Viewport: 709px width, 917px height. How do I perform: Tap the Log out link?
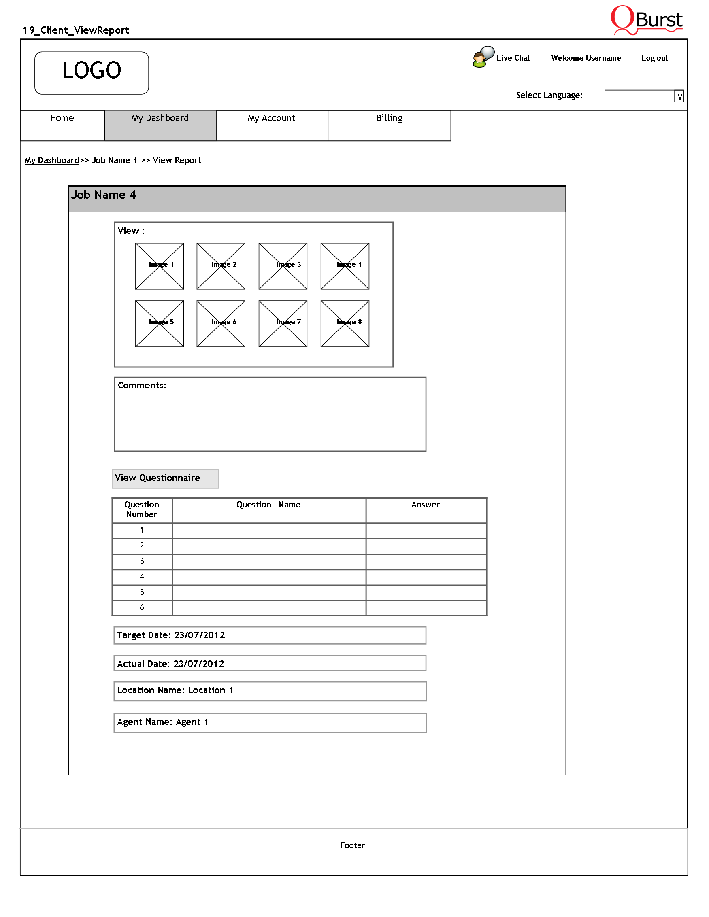(654, 58)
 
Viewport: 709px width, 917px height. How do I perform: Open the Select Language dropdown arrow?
(679, 96)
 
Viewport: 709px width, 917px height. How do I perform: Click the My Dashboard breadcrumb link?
(52, 160)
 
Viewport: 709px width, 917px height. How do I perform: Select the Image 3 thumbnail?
(283, 266)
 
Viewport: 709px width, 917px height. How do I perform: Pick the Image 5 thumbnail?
(159, 323)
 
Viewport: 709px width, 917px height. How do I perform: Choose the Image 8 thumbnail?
(345, 323)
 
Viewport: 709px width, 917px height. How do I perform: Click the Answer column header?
(426, 505)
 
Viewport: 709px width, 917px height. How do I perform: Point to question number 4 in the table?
(142, 577)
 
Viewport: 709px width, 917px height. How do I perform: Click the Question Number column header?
(142, 509)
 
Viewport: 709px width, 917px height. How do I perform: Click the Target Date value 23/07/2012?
(200, 635)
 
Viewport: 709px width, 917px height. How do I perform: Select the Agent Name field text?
(162, 722)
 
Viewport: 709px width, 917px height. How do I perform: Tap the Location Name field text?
(175, 691)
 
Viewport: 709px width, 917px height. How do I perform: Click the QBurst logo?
(646, 20)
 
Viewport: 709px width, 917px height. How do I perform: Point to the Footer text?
(352, 845)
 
